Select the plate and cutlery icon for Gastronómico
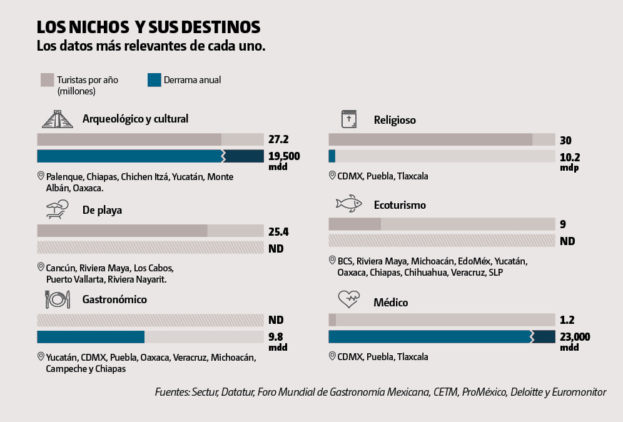tap(57, 299)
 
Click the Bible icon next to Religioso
tap(348, 119)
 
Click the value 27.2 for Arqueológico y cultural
tap(278, 139)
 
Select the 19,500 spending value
tap(284, 156)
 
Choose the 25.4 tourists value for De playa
tap(278, 231)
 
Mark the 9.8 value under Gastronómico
tap(276, 337)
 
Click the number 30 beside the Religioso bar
tap(566, 140)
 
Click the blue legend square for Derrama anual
tap(154, 80)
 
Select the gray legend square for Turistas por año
tap(47, 80)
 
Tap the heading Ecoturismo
tap(400, 204)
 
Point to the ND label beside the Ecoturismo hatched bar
tap(567, 241)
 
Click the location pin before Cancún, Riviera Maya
tap(41, 267)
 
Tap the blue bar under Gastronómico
tap(91, 337)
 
